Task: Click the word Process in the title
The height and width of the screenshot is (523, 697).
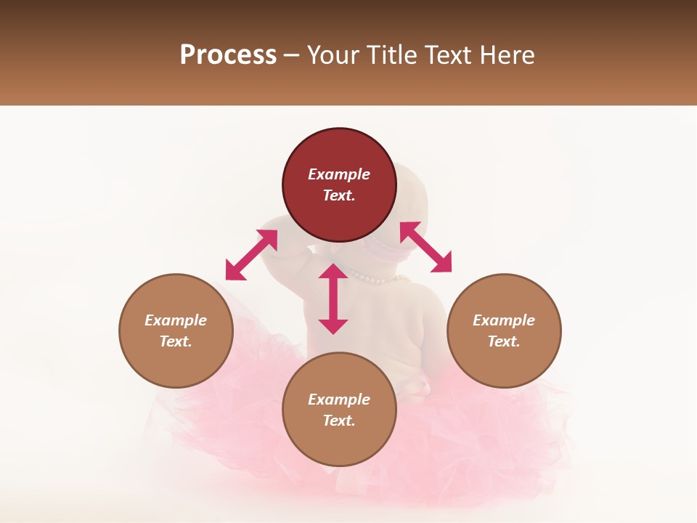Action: point(228,55)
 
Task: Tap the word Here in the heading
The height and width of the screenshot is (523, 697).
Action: point(505,55)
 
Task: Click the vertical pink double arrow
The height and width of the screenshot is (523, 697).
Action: point(333,299)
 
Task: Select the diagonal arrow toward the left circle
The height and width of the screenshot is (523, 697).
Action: point(251,255)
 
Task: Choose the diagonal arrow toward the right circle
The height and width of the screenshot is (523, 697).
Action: point(426,247)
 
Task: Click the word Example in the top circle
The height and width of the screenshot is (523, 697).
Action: point(339,174)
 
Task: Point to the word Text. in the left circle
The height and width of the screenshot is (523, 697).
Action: point(176,341)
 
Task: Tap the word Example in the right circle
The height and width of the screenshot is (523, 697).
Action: point(504,320)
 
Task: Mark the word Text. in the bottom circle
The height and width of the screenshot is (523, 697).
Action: point(339,421)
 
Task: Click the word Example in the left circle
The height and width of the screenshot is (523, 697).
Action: point(176,320)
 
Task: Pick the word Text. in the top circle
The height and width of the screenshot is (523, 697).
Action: point(339,195)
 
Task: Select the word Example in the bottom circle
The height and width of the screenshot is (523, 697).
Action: point(339,400)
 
